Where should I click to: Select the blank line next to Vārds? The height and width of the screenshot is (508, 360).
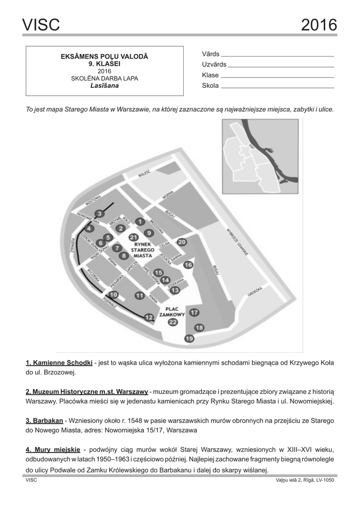click(x=277, y=56)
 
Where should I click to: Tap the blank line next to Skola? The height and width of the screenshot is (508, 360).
click(x=277, y=87)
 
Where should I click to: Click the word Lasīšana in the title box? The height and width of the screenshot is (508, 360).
click(x=105, y=85)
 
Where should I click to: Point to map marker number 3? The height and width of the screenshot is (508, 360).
click(x=99, y=213)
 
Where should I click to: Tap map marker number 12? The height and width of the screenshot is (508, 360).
click(x=148, y=317)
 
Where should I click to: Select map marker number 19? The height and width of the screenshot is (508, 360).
click(x=189, y=339)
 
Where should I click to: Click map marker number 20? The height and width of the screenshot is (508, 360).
click(x=182, y=242)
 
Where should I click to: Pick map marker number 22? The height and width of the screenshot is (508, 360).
click(x=173, y=322)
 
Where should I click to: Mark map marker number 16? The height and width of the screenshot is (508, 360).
click(x=188, y=265)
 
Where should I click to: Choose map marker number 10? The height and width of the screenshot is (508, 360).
click(x=114, y=295)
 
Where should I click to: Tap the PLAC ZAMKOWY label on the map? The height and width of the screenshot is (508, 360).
click(x=172, y=311)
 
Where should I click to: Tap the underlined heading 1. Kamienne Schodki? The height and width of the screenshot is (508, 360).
click(x=59, y=362)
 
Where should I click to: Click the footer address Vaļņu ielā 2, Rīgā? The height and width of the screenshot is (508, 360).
click(x=304, y=480)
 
